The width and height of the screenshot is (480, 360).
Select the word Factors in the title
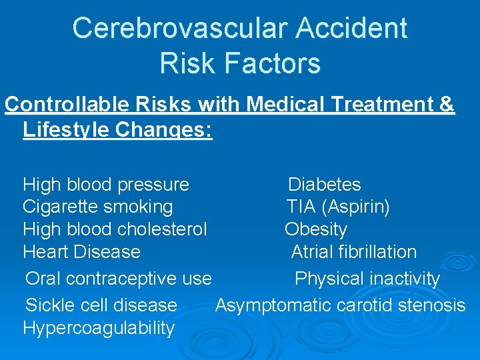pos(274,63)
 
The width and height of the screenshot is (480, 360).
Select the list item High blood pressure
pos(106,185)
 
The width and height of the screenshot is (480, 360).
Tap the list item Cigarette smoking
pos(97,207)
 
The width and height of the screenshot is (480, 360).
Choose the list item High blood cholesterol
pos(115,230)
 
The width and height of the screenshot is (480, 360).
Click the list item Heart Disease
pos(81,252)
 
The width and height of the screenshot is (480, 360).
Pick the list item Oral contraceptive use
pos(118,279)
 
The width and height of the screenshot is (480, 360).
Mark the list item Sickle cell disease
pos(101,305)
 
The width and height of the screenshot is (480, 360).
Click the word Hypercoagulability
pos(99,328)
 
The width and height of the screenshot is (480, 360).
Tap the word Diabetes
pos(324,185)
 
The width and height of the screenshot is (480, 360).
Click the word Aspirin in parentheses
pos(355,207)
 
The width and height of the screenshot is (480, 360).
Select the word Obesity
pos(316,230)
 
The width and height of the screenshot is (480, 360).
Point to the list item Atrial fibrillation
pos(353,252)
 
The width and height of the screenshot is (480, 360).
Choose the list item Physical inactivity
pos(367,279)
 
